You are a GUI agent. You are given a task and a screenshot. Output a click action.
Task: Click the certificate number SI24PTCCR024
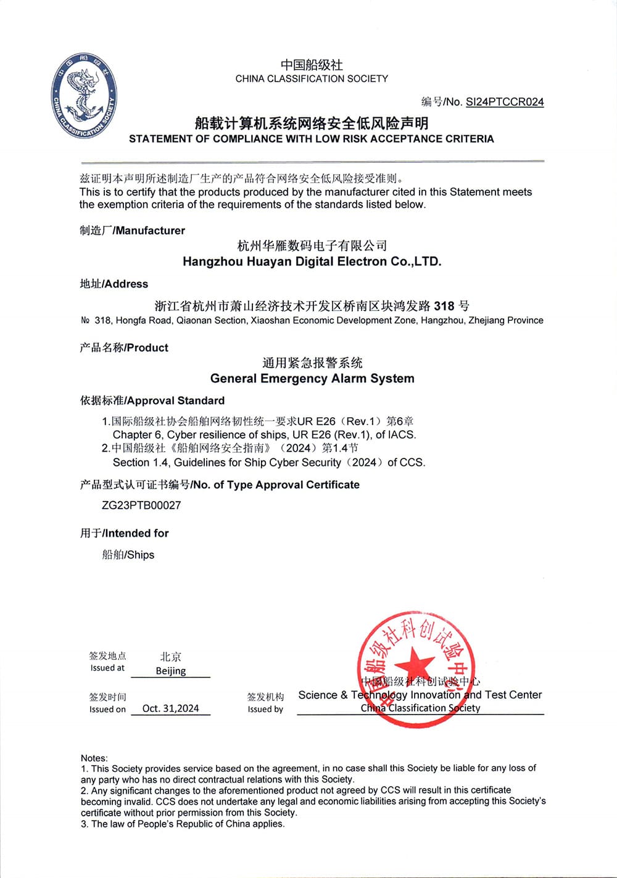(505, 102)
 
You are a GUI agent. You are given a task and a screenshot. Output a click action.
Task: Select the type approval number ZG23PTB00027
(141, 505)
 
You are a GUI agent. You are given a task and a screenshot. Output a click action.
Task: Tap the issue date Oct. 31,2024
(170, 708)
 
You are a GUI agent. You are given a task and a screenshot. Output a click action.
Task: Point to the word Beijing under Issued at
(171, 671)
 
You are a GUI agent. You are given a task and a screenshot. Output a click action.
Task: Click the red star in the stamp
(415, 665)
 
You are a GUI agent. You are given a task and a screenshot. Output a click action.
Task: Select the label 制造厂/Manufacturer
(132, 230)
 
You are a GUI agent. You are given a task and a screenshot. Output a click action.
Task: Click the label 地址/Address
(114, 284)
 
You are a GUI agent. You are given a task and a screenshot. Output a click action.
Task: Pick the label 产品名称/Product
(124, 347)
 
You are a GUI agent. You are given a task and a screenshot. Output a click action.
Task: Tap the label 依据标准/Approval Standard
(152, 400)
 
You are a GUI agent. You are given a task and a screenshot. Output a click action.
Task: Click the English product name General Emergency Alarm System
(312, 378)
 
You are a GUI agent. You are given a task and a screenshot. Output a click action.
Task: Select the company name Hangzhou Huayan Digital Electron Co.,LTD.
(312, 262)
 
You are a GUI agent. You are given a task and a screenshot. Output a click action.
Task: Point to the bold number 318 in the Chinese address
(444, 306)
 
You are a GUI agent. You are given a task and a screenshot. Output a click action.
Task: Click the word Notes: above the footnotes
(94, 758)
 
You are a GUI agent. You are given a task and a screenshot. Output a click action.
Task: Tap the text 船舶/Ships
(128, 555)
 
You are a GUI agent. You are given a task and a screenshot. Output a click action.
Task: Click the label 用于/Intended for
(125, 533)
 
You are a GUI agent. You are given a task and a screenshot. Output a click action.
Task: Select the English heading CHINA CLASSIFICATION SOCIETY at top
(312, 79)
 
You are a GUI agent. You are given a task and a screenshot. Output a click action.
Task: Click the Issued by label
(265, 710)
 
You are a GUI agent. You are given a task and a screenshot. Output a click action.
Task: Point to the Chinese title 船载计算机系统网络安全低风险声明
(312, 123)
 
